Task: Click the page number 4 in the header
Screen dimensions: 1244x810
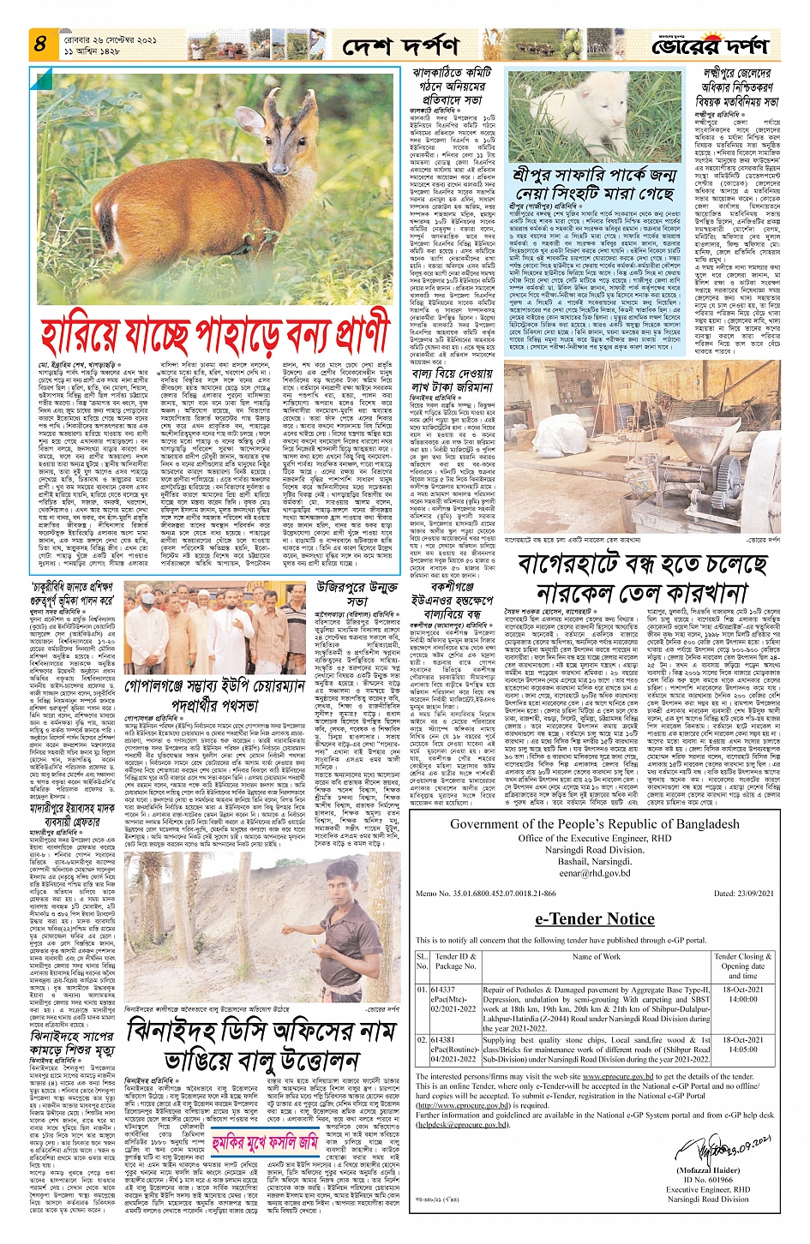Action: pos(39,42)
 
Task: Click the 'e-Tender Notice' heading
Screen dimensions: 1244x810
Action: pos(594,918)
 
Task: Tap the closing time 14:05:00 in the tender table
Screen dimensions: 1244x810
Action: pos(741,1049)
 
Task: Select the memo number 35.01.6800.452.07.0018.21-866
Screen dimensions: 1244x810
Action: pos(505,894)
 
